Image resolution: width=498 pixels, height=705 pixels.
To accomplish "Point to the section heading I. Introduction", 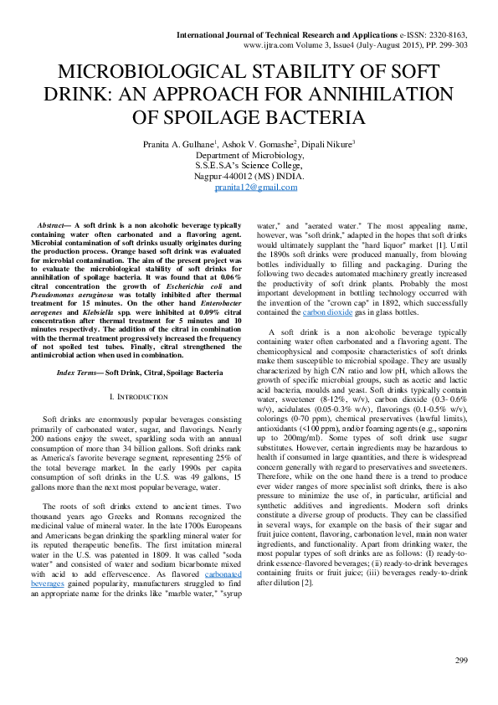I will (135, 394).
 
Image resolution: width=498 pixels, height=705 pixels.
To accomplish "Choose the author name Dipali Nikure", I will (327, 144).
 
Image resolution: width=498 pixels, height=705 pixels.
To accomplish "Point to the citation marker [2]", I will (312, 582).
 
